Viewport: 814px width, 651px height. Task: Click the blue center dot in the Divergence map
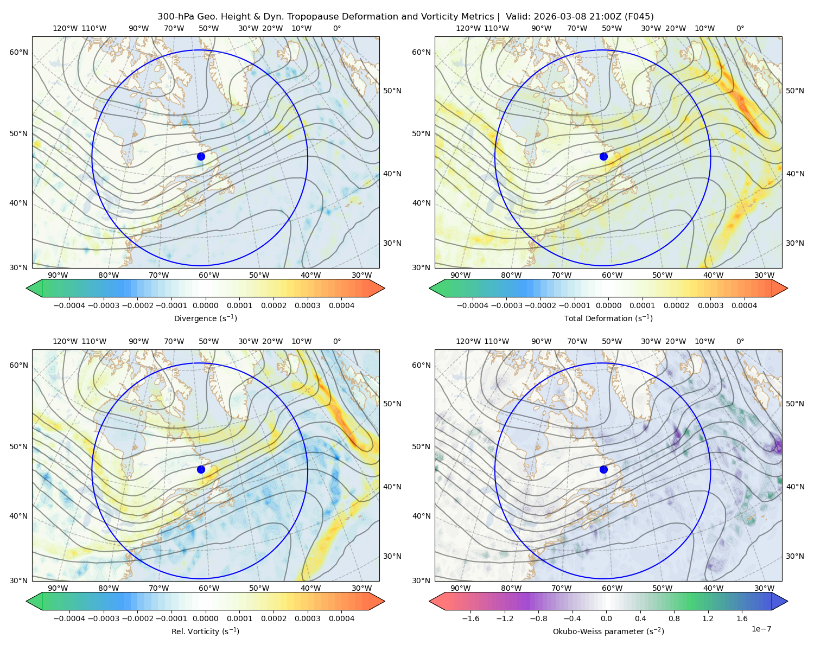click(201, 156)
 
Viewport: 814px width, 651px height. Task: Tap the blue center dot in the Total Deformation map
click(603, 156)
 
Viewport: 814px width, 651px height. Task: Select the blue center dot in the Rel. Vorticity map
click(201, 469)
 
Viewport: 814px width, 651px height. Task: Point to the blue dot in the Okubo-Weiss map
click(603, 469)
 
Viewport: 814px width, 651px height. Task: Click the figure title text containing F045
click(405, 17)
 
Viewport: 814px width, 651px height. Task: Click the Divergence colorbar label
click(205, 318)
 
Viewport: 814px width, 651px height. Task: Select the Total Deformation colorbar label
click(608, 318)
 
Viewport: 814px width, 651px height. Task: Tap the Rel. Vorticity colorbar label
click(205, 631)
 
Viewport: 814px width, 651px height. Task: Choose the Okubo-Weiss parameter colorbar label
click(608, 631)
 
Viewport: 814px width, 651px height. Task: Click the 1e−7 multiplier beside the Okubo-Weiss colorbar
click(761, 629)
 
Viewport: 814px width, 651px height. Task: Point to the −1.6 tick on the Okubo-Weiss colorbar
click(470, 618)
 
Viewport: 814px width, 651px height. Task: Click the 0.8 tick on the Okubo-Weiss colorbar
click(674, 618)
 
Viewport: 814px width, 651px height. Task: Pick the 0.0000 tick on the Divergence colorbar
click(205, 305)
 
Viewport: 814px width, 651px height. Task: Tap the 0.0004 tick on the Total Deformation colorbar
click(745, 305)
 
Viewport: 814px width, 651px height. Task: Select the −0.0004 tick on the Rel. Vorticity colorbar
click(69, 618)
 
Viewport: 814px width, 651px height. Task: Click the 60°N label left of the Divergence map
click(18, 52)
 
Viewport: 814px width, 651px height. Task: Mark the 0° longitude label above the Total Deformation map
click(740, 28)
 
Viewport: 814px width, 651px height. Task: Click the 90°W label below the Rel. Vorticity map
click(58, 588)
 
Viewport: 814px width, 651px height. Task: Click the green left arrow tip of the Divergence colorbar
click(27, 288)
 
